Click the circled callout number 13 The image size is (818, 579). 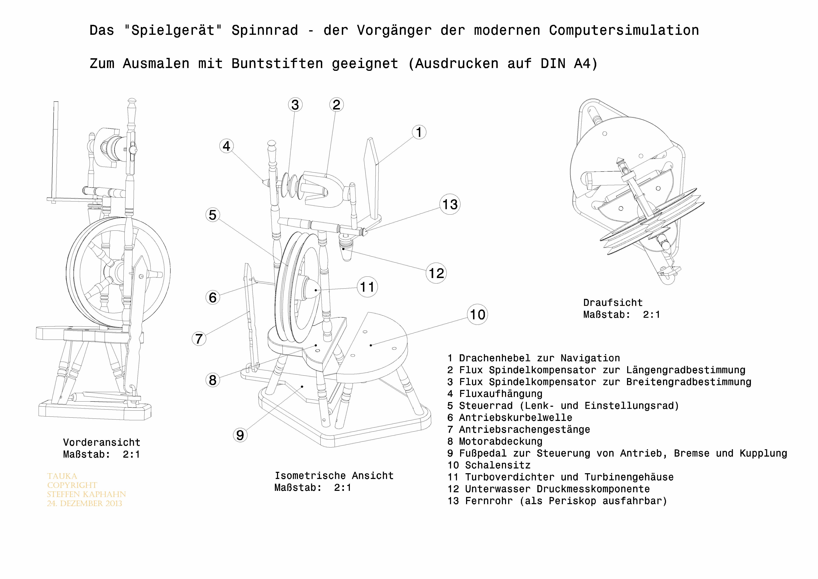tap(450, 205)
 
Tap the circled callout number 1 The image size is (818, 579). tap(419, 132)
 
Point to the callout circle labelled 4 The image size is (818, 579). tap(227, 146)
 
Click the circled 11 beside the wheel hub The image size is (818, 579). tap(367, 287)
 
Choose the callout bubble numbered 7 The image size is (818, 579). tap(199, 339)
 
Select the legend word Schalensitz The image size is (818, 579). tap(498, 465)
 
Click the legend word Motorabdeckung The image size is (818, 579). tap(500, 441)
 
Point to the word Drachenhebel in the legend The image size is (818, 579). tap(495, 358)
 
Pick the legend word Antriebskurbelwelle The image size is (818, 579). tap(516, 417)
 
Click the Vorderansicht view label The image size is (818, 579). tap(102, 442)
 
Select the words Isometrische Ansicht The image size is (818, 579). tap(334, 476)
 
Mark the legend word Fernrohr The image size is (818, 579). tap(489, 501)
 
